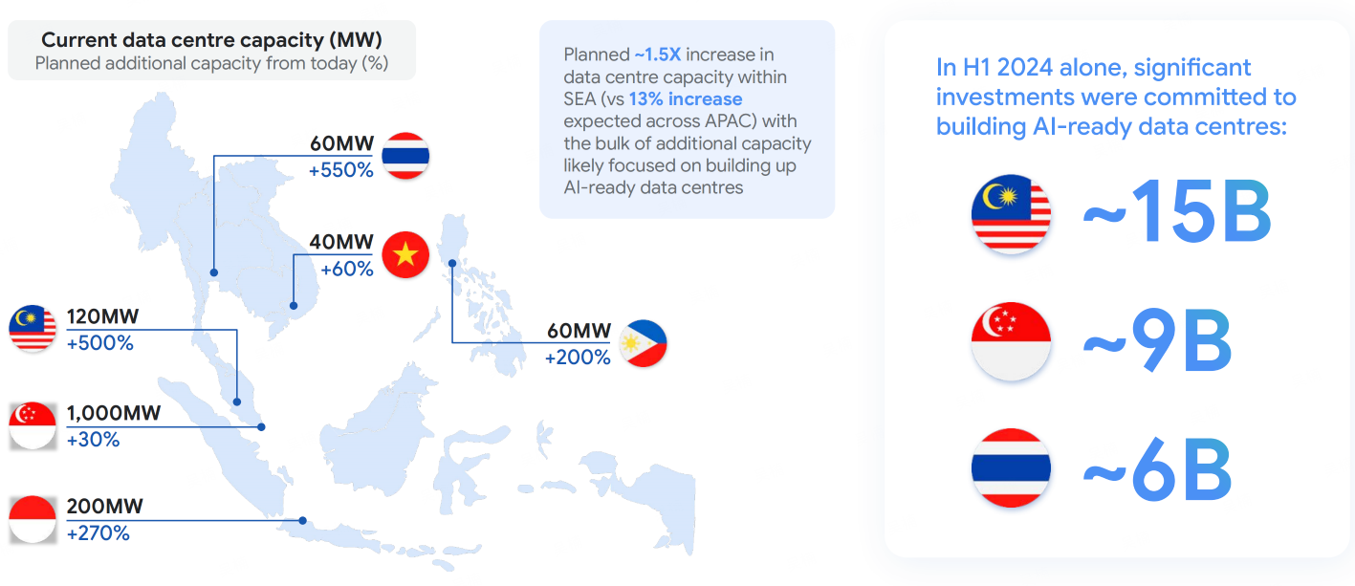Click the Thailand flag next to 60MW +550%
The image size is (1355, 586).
coord(405,156)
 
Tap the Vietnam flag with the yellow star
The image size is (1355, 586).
coord(405,254)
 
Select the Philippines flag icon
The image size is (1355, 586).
coord(643,343)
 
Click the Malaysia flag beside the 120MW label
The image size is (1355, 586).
coord(33,329)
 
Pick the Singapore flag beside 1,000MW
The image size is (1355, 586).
coord(33,425)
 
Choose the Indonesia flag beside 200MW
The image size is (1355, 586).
coord(33,519)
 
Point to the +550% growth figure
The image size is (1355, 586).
coord(341,170)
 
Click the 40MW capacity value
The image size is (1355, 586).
coord(341,242)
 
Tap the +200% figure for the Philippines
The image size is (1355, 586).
coord(578,358)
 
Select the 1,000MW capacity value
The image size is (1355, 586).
coord(114,413)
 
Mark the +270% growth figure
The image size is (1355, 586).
coord(98,533)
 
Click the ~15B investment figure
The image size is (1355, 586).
coord(1176,211)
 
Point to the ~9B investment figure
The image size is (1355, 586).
coord(1157,339)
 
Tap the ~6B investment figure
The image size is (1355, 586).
coord(1157,469)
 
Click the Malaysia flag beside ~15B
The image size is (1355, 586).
coord(1011,213)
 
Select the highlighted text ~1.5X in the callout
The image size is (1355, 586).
coord(658,54)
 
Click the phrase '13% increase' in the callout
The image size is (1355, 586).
coord(686,99)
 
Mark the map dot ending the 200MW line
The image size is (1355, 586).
coord(302,520)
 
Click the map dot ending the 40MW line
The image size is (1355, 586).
coord(294,305)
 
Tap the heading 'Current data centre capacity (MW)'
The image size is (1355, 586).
coord(211,40)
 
